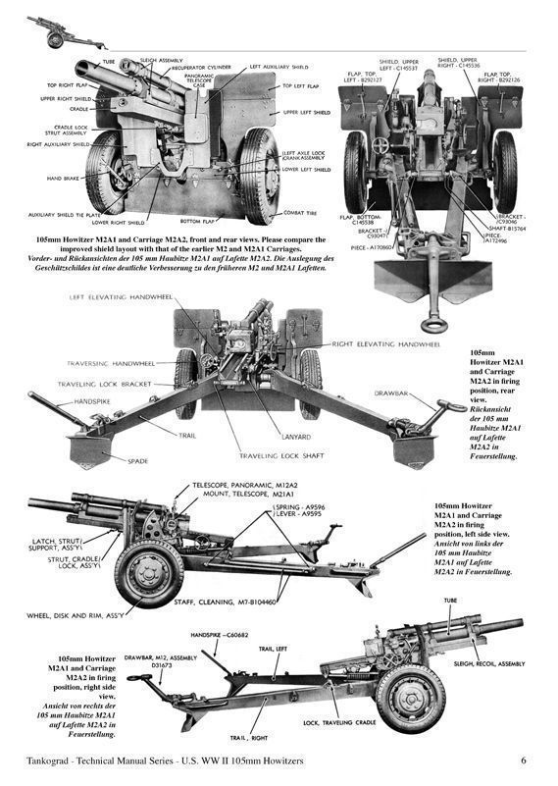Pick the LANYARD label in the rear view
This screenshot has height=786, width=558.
[x=295, y=438]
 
